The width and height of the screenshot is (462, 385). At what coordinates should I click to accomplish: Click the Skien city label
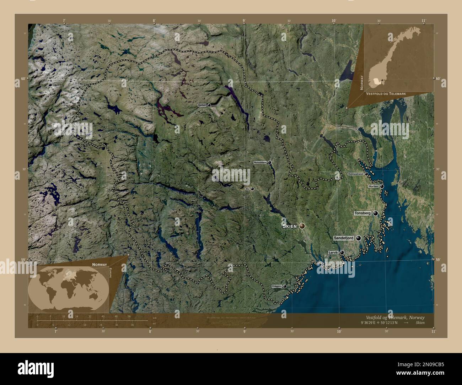tap(289, 226)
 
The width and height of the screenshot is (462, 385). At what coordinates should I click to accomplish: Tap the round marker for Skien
tap(302, 226)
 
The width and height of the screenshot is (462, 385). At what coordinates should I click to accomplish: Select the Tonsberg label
tap(362, 213)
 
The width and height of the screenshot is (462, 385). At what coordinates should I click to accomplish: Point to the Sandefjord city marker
tap(358, 238)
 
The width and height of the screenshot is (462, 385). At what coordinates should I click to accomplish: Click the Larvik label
tap(333, 253)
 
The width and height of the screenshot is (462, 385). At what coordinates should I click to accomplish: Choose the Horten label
tap(373, 186)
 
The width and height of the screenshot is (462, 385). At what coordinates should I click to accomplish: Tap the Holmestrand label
tap(355, 174)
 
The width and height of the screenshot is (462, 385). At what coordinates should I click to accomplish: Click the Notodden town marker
tap(270, 162)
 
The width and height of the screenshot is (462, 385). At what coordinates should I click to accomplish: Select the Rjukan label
tap(202, 105)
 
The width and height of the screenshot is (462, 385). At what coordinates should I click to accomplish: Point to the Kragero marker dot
tap(285, 286)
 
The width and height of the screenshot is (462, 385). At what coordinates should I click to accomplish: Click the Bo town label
tap(247, 189)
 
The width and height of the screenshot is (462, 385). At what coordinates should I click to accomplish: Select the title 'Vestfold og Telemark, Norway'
tap(395, 317)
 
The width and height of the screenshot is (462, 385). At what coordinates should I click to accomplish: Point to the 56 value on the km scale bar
tap(129, 316)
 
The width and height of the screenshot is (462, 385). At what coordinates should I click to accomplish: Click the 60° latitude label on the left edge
tap(23, 78)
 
